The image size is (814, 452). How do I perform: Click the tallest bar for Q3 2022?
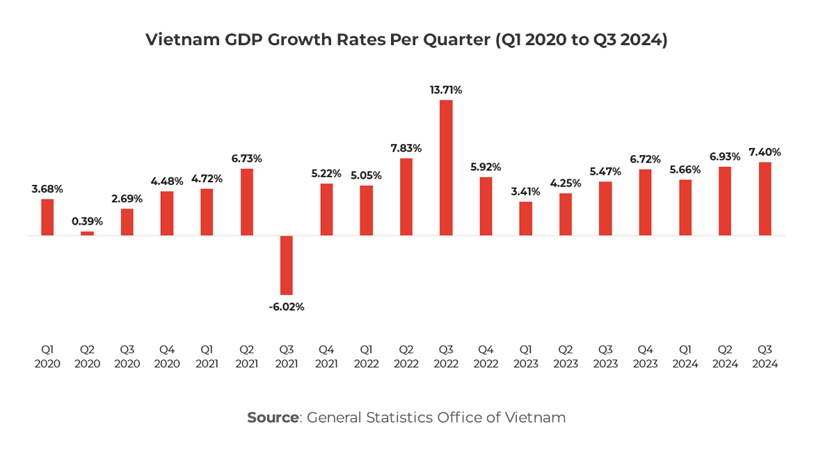coord(446,168)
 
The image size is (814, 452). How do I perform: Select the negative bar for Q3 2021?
coord(287,265)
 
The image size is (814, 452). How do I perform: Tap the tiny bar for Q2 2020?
coord(87,234)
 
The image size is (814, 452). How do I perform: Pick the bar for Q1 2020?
coord(47,217)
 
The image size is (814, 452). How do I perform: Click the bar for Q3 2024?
coord(765,199)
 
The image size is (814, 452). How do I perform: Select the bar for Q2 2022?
coord(406,197)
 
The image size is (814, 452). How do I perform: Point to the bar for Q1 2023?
coord(526,218)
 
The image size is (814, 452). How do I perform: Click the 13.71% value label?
coord(446,90)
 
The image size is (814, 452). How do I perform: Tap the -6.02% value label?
coord(287,307)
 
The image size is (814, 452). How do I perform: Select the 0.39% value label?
coord(87,221)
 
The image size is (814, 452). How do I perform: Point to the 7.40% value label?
coord(765,152)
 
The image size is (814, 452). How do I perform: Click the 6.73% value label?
coord(247,159)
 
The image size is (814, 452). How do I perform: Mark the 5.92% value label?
coord(486,167)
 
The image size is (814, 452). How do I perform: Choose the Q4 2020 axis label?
coord(167,356)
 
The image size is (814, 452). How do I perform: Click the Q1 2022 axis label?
coord(366,356)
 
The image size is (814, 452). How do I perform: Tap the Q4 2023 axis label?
coord(646,356)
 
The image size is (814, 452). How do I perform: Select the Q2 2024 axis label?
coord(725,356)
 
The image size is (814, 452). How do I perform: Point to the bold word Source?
coord(273,417)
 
